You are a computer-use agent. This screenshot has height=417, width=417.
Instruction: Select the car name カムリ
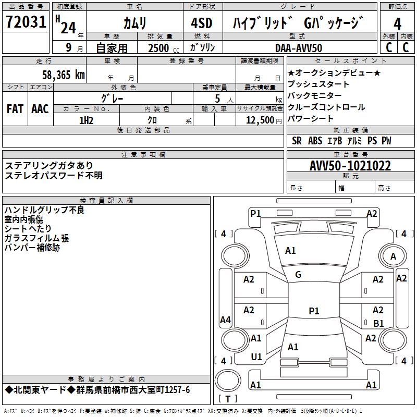click(x=134, y=23)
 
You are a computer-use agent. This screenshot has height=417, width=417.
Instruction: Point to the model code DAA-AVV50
click(x=299, y=48)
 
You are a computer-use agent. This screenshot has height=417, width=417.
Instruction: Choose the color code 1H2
click(x=86, y=120)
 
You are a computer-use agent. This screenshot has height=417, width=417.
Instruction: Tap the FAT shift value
click(x=15, y=109)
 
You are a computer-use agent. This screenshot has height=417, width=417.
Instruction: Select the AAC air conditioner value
click(x=40, y=109)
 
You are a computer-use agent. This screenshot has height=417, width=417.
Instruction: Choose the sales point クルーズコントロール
click(x=326, y=107)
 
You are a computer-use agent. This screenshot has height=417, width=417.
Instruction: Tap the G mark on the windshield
click(x=298, y=275)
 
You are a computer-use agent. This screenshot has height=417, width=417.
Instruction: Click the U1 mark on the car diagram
click(x=256, y=357)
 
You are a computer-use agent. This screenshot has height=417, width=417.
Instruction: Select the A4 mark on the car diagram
click(x=225, y=320)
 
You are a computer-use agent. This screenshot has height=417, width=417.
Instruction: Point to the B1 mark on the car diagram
click(x=379, y=323)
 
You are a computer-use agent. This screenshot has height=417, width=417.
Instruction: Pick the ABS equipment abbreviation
click(x=315, y=141)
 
